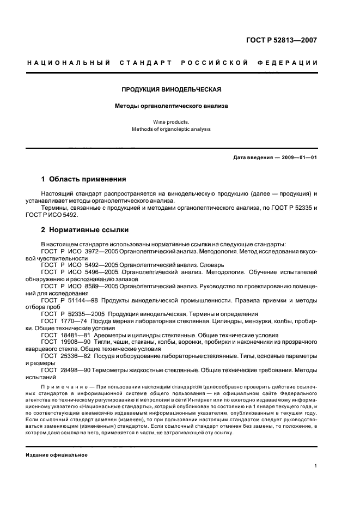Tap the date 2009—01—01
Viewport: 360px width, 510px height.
(x=299, y=158)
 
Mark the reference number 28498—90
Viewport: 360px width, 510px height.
(x=78, y=369)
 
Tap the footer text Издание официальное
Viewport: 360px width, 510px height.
(x=57, y=454)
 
